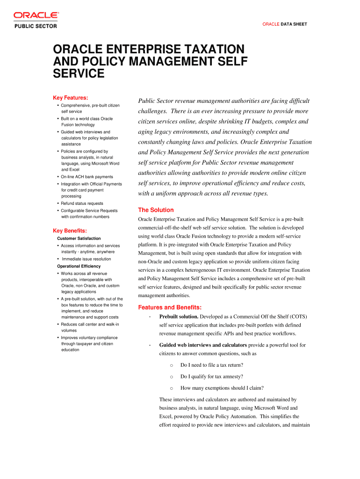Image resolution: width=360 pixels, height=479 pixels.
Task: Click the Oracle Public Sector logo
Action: point(36,20)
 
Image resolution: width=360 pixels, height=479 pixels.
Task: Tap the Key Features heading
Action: point(71,98)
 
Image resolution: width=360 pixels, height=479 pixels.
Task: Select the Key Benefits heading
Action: point(71,231)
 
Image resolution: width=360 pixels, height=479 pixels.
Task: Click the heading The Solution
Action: point(156,210)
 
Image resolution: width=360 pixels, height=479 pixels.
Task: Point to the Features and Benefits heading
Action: point(170,307)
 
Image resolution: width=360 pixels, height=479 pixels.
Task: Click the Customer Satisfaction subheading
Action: point(79,239)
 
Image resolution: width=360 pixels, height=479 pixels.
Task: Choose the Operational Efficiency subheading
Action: point(79,266)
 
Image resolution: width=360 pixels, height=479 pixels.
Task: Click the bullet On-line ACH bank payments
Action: point(86,177)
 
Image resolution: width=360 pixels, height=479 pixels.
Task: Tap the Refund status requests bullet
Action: point(82,203)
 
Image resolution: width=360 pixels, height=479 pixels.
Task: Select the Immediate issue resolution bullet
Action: point(86,259)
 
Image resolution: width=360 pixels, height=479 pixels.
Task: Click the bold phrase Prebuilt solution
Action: point(179,317)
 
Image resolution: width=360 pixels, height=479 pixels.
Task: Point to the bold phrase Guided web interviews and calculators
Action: point(203,345)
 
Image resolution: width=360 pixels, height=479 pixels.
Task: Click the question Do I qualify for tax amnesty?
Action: point(211,377)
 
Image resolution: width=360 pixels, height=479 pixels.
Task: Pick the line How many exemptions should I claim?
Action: point(222,388)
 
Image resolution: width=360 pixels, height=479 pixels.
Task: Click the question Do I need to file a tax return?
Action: point(211,365)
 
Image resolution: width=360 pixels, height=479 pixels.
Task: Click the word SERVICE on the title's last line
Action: point(79,73)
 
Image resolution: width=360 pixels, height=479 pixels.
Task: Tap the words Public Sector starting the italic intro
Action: point(154,101)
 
